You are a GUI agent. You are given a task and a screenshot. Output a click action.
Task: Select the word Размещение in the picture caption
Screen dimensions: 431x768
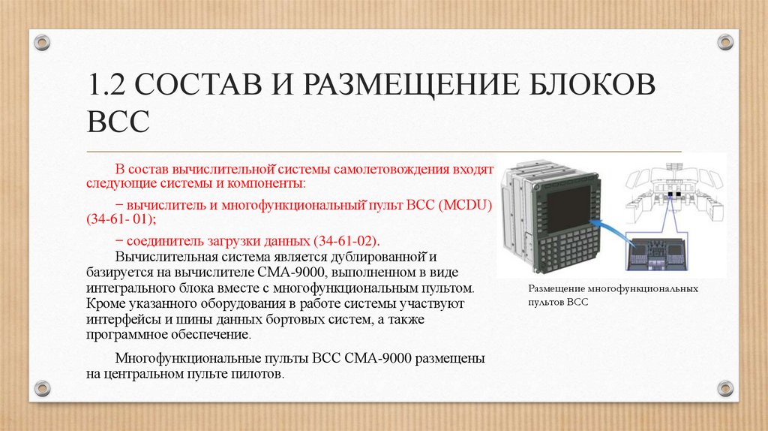pos(556,288)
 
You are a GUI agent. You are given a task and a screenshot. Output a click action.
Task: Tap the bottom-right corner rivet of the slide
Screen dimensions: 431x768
pos(724,388)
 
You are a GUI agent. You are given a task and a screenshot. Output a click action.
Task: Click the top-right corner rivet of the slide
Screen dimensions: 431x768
pos(724,41)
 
